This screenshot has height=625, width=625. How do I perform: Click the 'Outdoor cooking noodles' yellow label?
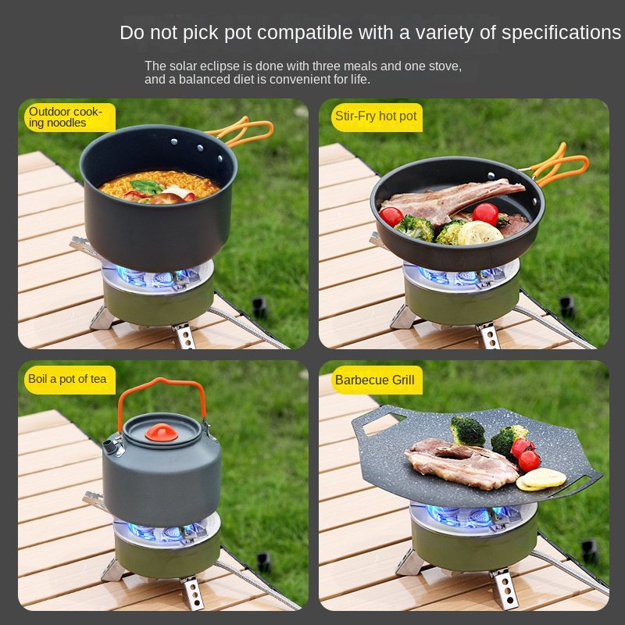[70, 117]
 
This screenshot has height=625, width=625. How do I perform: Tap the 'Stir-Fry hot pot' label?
[377, 117]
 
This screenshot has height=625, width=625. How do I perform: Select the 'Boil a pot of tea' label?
[70, 380]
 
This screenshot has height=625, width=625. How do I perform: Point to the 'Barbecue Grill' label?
[377, 380]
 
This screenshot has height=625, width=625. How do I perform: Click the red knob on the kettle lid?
[162, 433]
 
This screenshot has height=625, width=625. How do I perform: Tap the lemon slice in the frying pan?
[480, 233]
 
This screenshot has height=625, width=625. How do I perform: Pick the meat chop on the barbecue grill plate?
[460, 463]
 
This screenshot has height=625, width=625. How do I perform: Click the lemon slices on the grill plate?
[541, 479]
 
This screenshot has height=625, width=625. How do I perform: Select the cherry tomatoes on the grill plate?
[525, 454]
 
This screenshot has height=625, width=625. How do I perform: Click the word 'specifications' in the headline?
[561, 33]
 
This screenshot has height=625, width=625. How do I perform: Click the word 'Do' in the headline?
[133, 32]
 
